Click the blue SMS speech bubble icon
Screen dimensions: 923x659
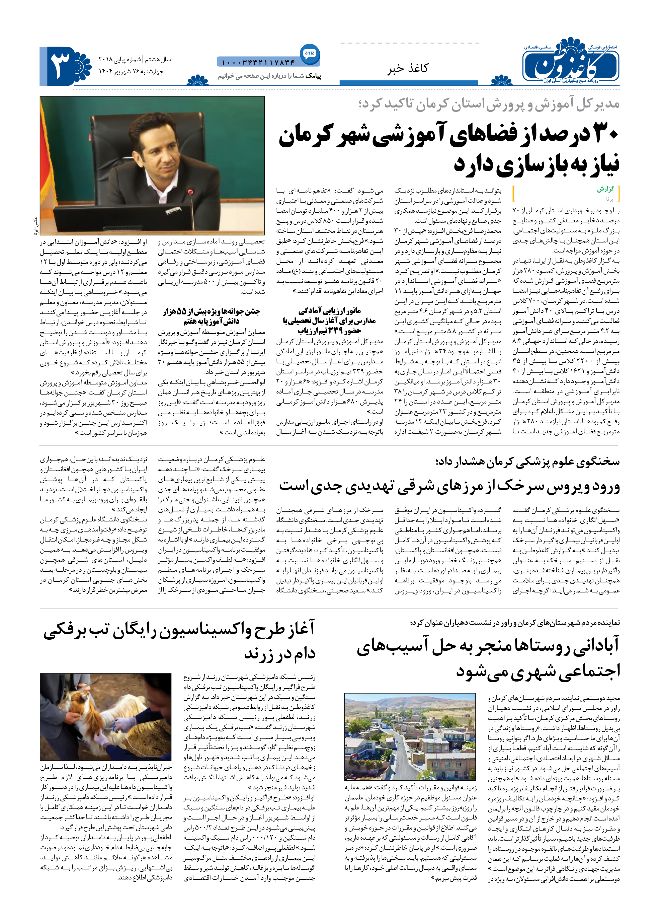coord(310,54)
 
